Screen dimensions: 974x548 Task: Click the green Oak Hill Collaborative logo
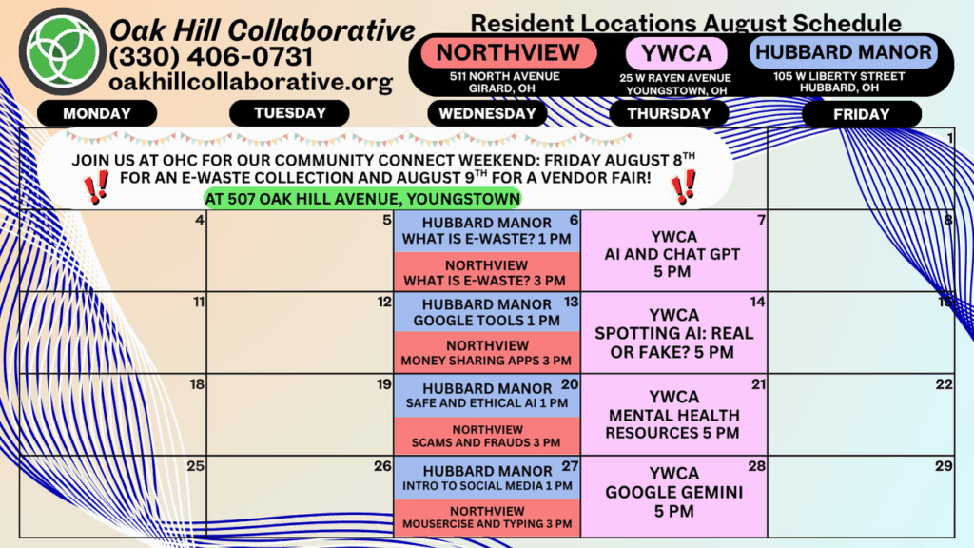62,51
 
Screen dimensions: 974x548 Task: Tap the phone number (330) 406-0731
211,57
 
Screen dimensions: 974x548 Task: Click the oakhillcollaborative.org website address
251,82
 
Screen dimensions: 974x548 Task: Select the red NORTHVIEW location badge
508,53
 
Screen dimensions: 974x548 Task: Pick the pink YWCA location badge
676,53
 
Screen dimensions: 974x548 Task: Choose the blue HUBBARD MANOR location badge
843,52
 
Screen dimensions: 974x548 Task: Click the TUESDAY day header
289,113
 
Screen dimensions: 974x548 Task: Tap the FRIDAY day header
862,114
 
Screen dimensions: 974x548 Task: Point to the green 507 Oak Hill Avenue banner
362,199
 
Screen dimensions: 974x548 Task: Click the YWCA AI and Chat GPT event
674,251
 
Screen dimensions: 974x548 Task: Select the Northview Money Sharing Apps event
486,352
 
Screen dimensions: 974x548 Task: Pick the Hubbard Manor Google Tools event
486,312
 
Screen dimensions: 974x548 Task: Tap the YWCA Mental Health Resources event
674,415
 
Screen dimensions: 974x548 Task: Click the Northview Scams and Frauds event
486,436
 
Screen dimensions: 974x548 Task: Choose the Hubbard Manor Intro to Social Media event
486,478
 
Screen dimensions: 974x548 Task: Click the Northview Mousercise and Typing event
486,518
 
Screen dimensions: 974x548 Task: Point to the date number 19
384,384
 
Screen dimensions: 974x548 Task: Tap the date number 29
944,466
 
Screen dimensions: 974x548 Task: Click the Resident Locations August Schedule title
686,24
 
